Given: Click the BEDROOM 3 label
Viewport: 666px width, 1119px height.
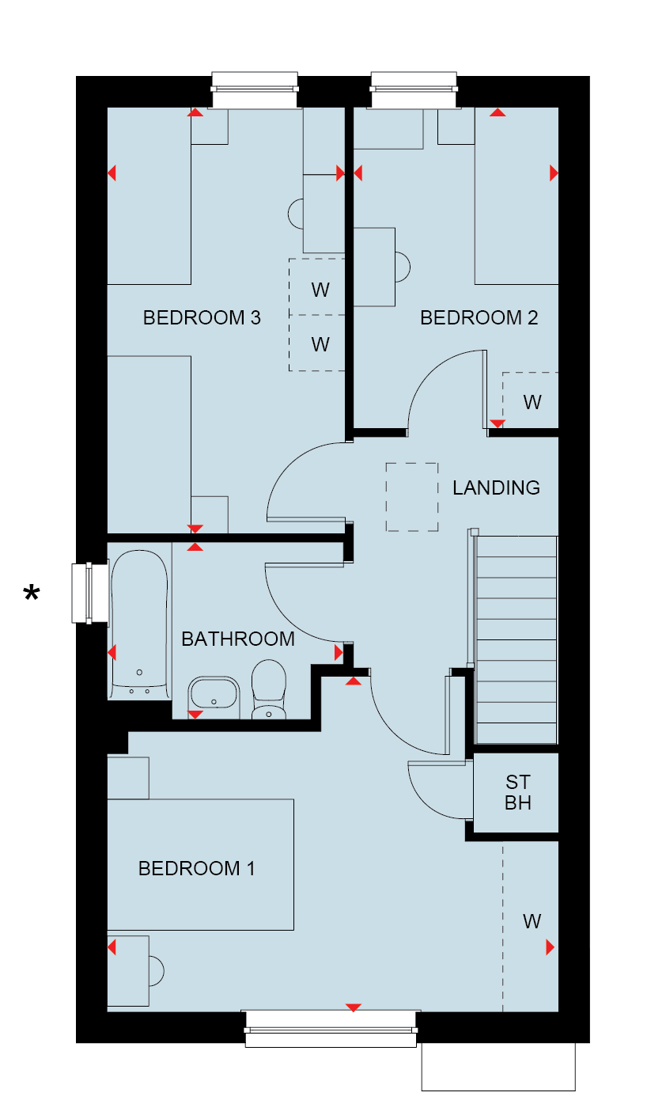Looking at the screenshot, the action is tap(202, 317).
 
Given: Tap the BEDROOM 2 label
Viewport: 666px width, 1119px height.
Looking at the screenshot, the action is tap(479, 317).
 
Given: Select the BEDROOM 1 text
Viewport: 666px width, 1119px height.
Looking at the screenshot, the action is tap(197, 868).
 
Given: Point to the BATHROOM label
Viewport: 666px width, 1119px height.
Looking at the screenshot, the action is tap(237, 639).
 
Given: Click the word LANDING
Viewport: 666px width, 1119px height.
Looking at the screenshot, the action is tap(496, 487).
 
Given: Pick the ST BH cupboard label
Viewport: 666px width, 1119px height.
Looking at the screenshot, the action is tap(518, 792).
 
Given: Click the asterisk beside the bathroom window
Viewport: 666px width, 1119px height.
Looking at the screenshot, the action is tap(32, 593).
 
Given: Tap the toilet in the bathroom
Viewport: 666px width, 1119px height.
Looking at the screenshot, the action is tap(269, 688).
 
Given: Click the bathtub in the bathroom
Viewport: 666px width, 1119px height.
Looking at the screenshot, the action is tap(139, 624).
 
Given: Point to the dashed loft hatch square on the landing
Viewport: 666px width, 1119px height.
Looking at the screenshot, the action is tap(412, 497).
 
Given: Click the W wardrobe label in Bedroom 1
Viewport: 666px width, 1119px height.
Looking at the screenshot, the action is tap(532, 922).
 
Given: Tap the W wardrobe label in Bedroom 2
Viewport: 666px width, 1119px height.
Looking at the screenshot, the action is tap(532, 402).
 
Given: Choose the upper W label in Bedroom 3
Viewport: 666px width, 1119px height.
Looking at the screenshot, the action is tap(320, 290).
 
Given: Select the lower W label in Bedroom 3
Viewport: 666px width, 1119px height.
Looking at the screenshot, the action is tap(320, 344).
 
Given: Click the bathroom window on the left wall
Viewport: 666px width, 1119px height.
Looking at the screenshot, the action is tap(90, 593).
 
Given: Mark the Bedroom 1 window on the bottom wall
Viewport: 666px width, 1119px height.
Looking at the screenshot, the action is tap(331, 1029).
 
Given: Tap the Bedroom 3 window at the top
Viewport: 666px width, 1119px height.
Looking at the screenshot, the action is tap(255, 90).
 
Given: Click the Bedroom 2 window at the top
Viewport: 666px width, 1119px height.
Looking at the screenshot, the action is tap(414, 90).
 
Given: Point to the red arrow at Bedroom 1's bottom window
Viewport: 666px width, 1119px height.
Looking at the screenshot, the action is tap(353, 1007).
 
